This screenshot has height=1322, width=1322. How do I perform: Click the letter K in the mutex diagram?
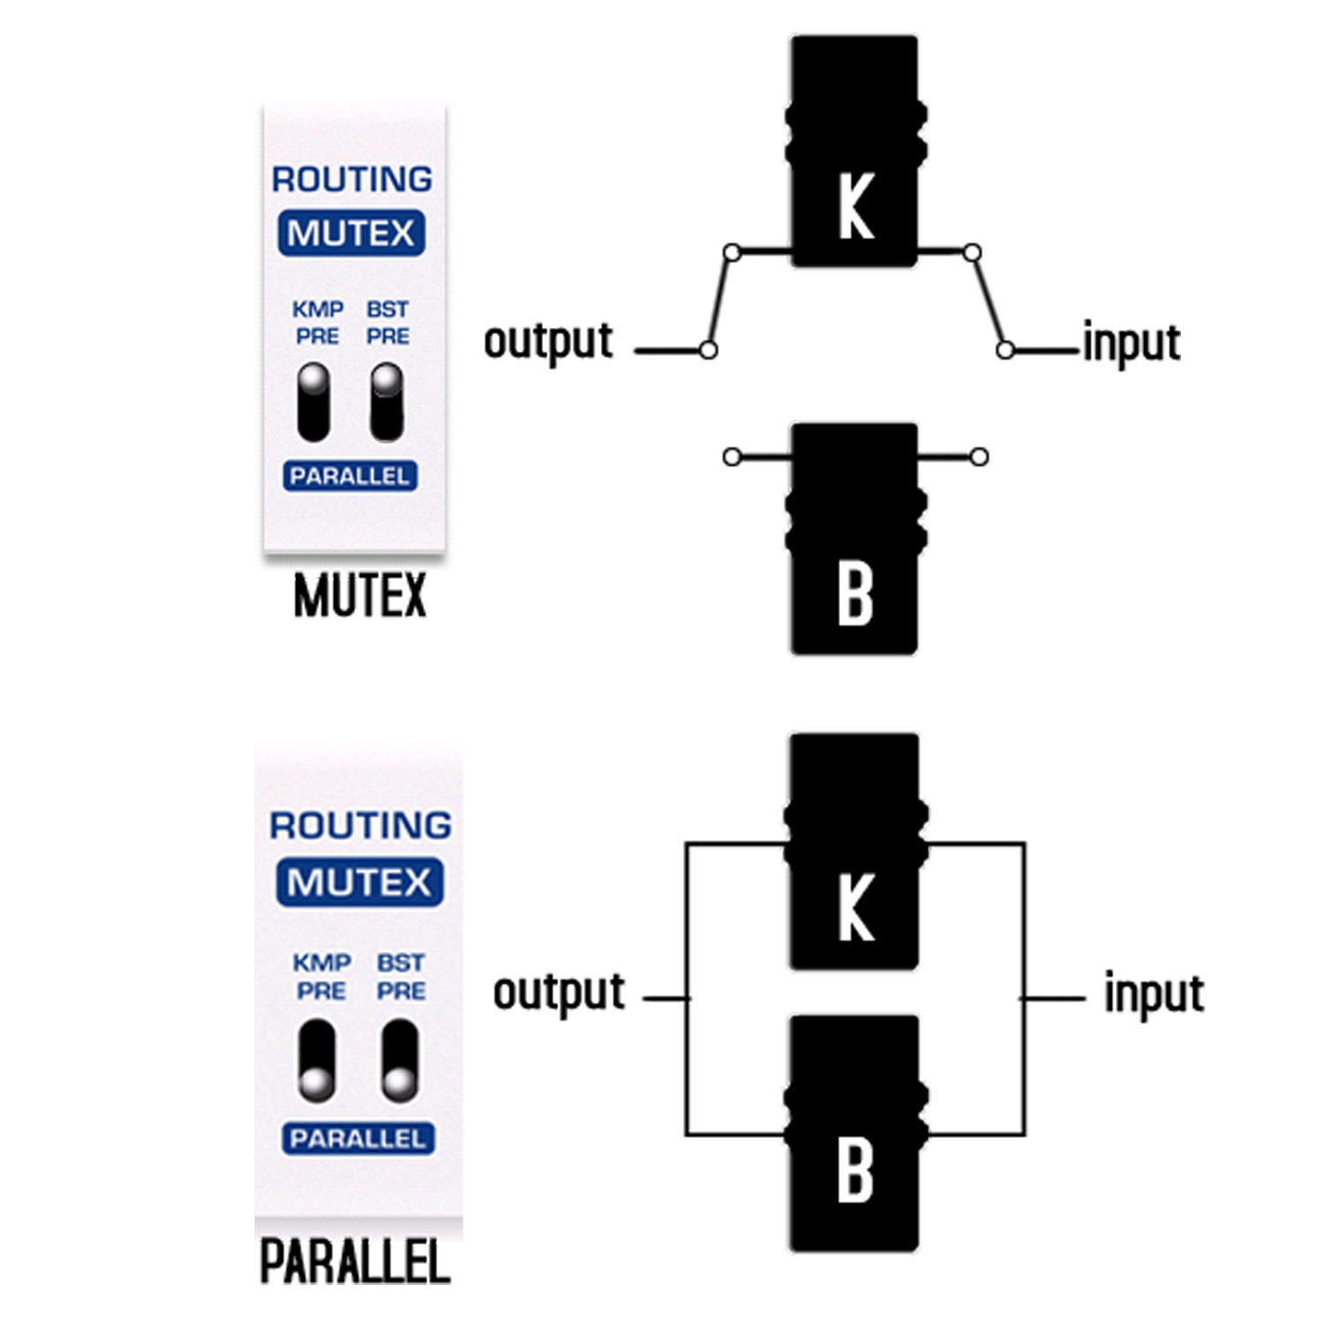pos(855,206)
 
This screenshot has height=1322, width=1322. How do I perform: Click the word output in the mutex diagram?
pos(548,342)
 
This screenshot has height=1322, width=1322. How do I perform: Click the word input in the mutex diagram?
pos(1131,343)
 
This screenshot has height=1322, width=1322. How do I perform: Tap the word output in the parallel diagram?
pos(559,993)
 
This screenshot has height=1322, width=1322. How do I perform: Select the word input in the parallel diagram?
pos(1154,994)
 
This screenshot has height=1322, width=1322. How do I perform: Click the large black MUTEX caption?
pos(360,596)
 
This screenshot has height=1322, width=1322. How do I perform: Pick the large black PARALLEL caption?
pos(355,1261)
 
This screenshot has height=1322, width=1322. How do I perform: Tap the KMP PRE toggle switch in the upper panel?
pos(314,402)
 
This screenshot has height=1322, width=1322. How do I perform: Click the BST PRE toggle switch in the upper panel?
pos(386,402)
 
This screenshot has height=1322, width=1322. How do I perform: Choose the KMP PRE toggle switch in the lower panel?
pos(316,1061)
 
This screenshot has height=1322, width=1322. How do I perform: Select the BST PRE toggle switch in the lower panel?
pos(399,1061)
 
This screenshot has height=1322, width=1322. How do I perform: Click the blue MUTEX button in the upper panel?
pos(351,234)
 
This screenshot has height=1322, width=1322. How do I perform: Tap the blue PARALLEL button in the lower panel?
pos(358,1139)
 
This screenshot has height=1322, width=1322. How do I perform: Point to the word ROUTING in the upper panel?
pos(352,180)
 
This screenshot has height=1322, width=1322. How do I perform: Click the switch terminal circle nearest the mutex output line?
pos(708,350)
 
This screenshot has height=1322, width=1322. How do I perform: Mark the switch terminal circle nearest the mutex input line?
pos(1005,350)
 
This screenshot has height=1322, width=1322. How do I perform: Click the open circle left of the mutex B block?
pos(732,457)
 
